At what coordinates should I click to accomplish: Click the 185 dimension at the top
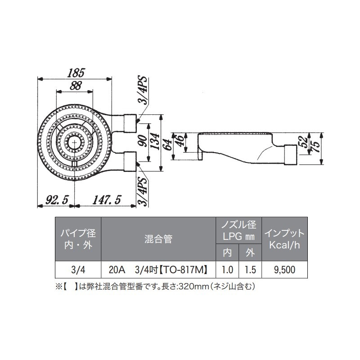75,72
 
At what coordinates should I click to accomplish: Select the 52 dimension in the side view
306,142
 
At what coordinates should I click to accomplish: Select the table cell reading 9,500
284,270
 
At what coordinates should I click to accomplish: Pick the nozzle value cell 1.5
250,270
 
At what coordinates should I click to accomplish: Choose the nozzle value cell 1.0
227,270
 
